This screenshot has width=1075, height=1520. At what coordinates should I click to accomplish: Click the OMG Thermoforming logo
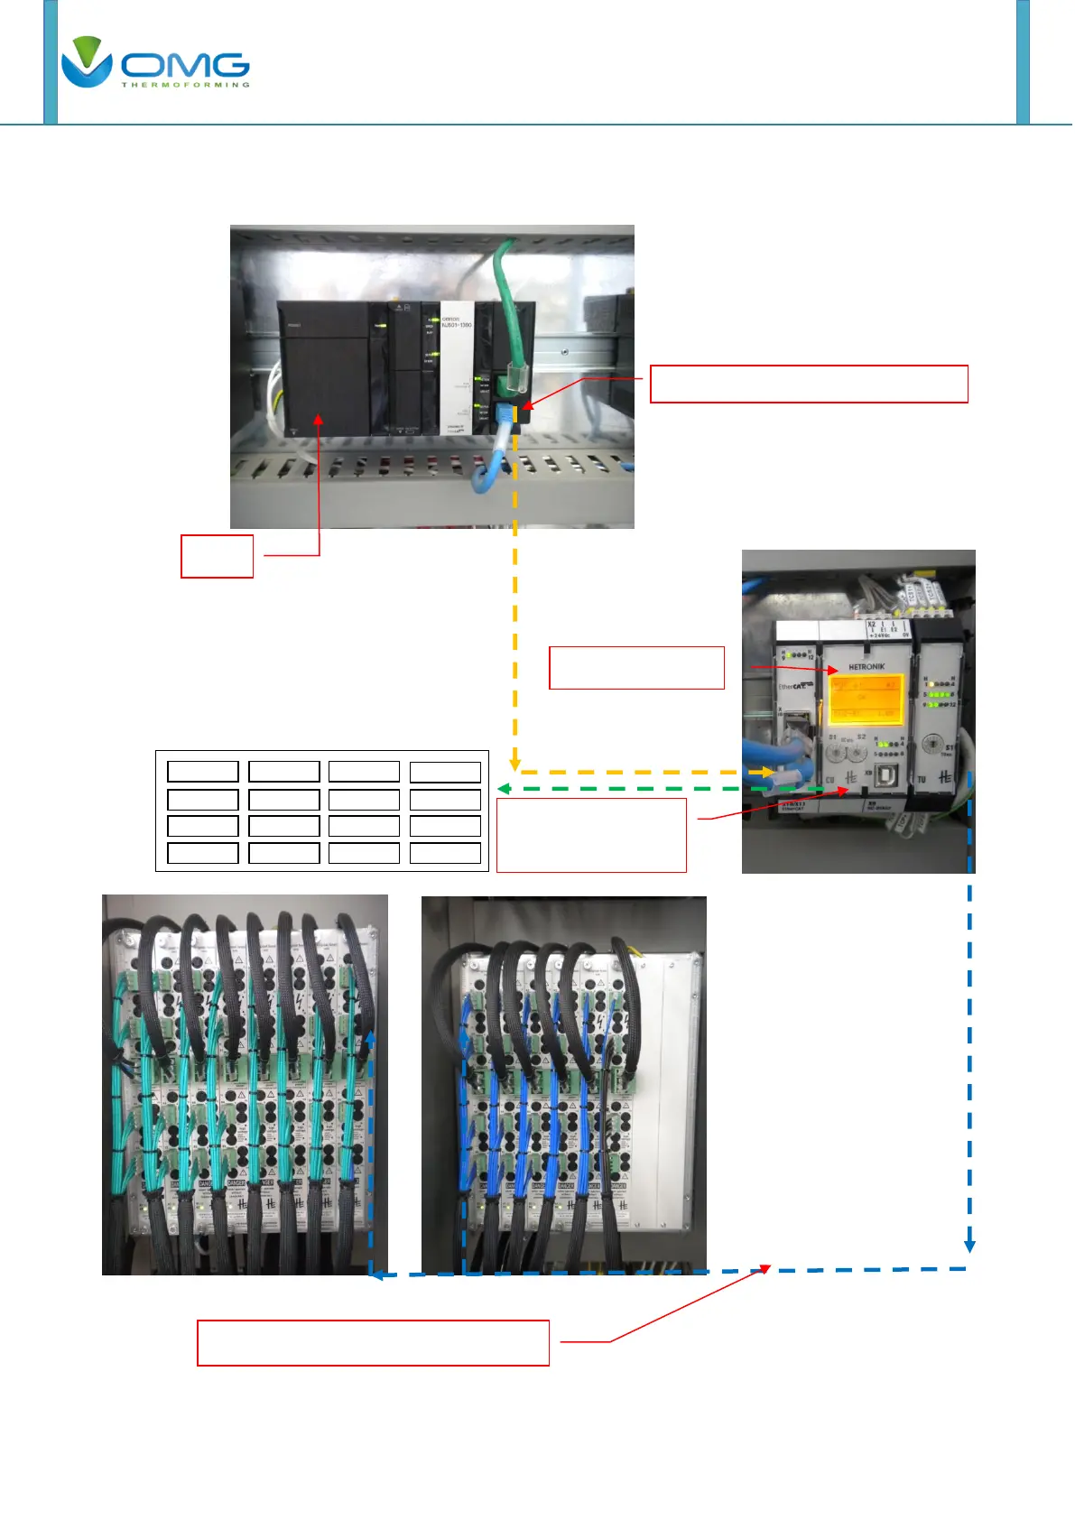point(154,63)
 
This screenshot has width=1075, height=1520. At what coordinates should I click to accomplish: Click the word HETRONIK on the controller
point(866,666)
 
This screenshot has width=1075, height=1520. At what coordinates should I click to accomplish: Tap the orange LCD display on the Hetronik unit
point(866,699)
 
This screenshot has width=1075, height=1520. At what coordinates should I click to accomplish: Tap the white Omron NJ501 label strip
point(455,370)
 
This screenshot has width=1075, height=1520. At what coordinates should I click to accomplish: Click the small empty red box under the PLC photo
point(217,556)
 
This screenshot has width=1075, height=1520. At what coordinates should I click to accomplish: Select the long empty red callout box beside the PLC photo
point(809,384)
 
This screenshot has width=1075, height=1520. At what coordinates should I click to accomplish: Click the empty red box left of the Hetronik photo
point(636,668)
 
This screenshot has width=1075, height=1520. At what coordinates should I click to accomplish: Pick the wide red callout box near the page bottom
point(373,1343)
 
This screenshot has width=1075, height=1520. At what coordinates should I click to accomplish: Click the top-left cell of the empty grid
point(203,771)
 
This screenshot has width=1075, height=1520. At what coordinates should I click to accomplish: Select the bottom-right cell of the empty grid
point(445,853)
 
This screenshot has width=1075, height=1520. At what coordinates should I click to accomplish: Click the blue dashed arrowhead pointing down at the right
point(969,1246)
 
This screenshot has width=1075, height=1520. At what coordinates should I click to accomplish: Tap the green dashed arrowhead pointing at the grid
point(504,789)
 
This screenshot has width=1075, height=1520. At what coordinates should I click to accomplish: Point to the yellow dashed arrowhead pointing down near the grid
point(514,764)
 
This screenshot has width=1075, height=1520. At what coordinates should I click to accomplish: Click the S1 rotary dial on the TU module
point(933,746)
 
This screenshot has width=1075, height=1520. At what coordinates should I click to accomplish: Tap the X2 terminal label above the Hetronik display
point(871,624)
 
